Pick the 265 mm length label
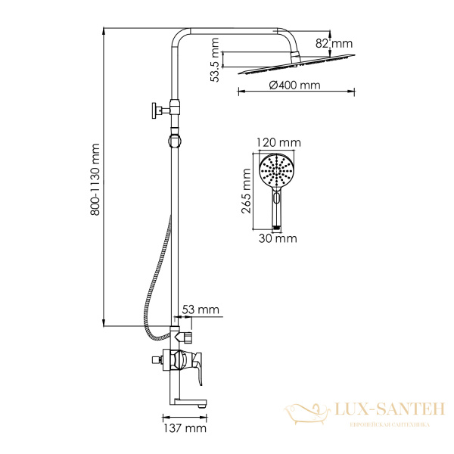(x=247, y=192)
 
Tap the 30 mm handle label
(x=278, y=239)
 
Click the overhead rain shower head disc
(x=295, y=69)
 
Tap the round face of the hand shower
(x=278, y=171)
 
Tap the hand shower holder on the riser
(x=176, y=140)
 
